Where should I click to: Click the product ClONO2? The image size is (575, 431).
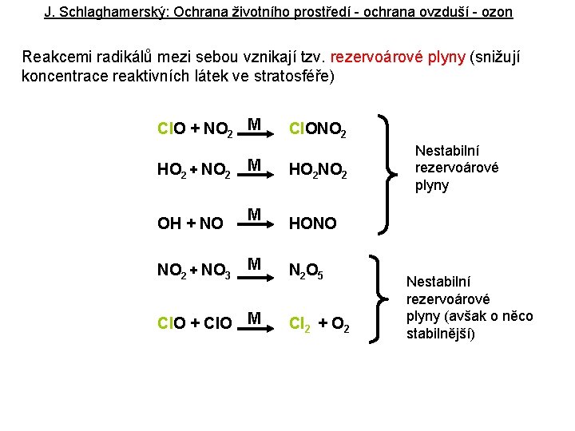pos(317,129)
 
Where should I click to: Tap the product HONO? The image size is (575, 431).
pos(312,224)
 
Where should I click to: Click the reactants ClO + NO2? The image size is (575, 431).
pos(196,129)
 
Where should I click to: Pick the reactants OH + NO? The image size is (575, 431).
pos(190,224)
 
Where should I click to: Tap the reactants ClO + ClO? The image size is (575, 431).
pos(195,324)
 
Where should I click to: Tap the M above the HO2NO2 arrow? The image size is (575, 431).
pos(255,165)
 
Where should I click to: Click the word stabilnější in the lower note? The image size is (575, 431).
pos(441,334)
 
